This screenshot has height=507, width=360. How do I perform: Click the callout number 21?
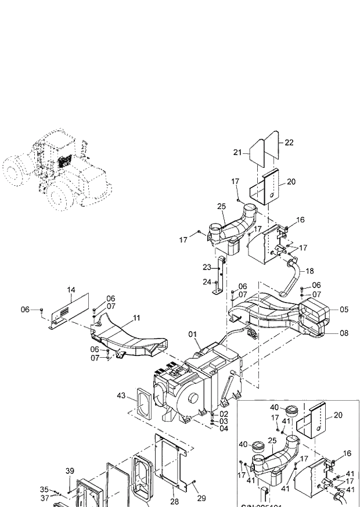pos(237,152)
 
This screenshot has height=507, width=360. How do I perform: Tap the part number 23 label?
pos(207,268)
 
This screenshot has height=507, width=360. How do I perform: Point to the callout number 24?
pos(207,282)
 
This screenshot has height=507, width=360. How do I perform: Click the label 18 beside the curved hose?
pos(309,271)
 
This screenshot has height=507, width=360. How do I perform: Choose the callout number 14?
pos(71,289)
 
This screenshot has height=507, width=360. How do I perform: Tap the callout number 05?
pos(344,310)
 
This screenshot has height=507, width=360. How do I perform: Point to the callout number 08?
pos(344,333)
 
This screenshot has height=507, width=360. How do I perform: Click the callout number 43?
pos(121,395)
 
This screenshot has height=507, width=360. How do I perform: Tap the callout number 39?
pos(70,471)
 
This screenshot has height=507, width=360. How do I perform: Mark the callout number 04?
pos(224,429)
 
